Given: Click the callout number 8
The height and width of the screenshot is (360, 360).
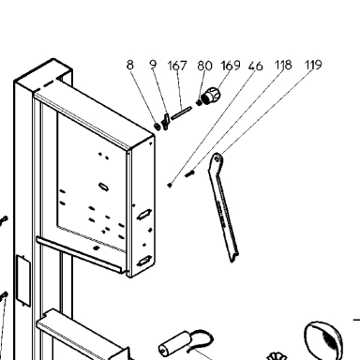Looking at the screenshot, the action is pos(130,65).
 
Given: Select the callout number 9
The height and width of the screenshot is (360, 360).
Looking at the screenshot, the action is pos(153,65).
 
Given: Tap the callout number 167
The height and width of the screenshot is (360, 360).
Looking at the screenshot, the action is pos(177,66).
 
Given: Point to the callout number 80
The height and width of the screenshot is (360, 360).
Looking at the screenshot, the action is pos(204,66).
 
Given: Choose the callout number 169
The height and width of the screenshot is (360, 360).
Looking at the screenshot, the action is pos(231,66).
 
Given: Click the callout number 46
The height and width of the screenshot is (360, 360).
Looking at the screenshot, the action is pos(256,67).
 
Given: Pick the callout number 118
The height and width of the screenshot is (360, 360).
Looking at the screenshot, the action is pos(283,65).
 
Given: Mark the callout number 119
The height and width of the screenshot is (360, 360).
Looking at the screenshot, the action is pos(313,65).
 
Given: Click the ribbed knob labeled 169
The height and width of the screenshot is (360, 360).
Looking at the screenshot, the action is pos(211,96).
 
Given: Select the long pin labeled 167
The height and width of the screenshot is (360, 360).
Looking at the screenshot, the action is pos(181,112).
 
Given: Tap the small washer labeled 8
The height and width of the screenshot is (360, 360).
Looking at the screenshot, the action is pos(157,127).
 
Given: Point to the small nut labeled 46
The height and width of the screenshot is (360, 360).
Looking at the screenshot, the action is pos(170,185).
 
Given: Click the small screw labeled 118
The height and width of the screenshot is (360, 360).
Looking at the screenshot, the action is pos(190,173).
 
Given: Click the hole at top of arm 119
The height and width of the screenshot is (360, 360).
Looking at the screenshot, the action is pos(217,161).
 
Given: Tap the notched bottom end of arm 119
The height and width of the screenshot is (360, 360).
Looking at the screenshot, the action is pos(233,257).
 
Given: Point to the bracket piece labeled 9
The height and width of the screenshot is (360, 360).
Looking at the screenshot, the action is pos(165,122).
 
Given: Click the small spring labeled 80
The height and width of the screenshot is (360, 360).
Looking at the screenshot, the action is pos(199,102).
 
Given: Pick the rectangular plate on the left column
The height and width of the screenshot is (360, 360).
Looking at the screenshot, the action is pos(23,280).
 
